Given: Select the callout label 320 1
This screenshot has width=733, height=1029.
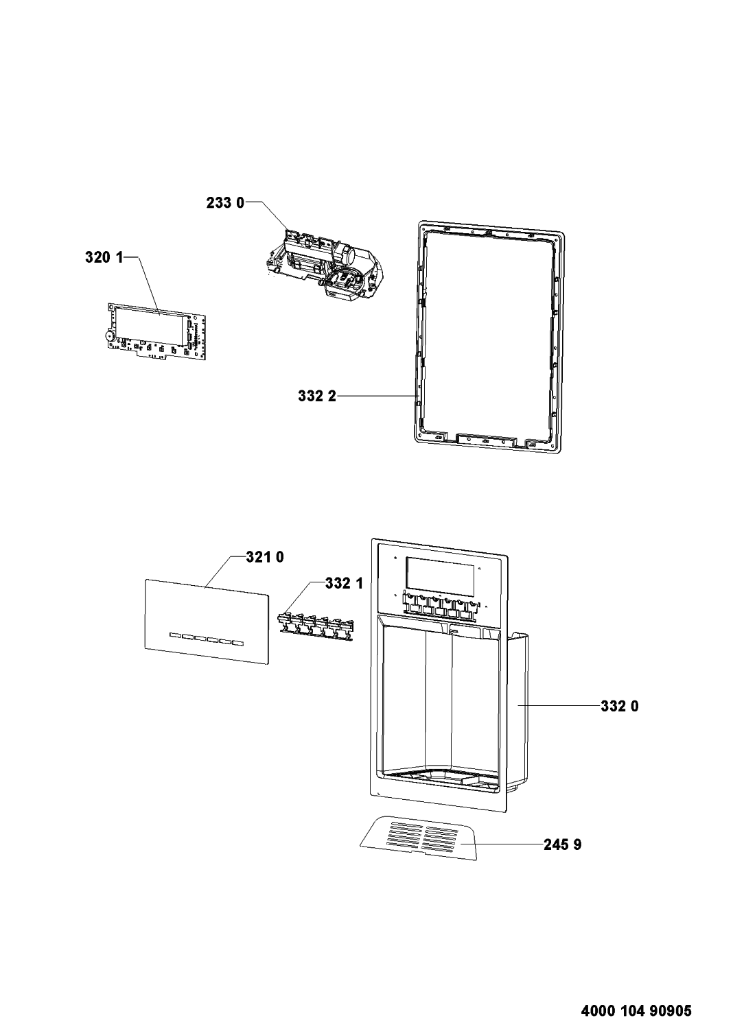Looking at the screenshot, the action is pyautogui.click(x=104, y=258).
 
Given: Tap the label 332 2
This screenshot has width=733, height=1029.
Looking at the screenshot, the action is pyautogui.click(x=317, y=396).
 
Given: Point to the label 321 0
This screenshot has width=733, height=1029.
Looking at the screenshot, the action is pyautogui.click(x=265, y=557).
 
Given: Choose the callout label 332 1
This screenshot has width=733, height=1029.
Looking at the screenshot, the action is pyautogui.click(x=345, y=583).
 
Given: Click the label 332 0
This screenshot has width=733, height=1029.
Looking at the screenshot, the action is pyautogui.click(x=620, y=706).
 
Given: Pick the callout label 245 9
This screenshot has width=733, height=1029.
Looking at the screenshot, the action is pyautogui.click(x=563, y=844).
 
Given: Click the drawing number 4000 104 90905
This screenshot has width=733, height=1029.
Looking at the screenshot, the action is pyautogui.click(x=636, y=995).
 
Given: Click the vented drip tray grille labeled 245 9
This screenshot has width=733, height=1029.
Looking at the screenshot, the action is pyautogui.click(x=419, y=838).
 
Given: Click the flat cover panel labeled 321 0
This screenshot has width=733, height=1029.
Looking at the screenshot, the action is pyautogui.click(x=207, y=621).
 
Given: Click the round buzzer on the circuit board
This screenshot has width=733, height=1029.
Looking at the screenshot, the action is pyautogui.click(x=110, y=335).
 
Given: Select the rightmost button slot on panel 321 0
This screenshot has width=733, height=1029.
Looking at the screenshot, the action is pyautogui.click(x=237, y=642).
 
